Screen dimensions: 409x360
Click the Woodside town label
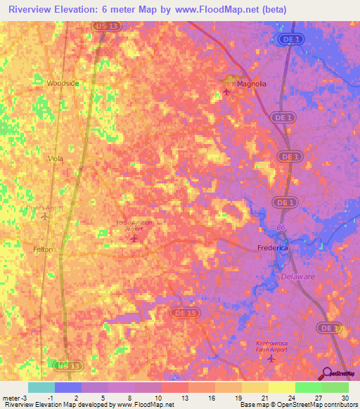[63, 83]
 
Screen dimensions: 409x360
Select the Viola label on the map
[55, 159]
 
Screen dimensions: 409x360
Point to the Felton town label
[43, 249]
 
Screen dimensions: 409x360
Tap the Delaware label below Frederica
[298, 277]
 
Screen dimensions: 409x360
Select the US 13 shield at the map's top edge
[102, 25]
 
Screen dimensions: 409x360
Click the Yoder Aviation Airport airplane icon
[134, 239]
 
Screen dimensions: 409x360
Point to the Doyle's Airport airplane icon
[46, 216]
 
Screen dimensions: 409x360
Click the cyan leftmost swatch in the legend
[41, 387]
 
